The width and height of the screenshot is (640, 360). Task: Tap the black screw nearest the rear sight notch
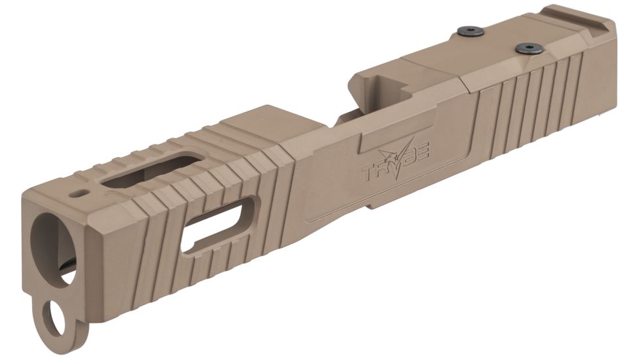[529, 48]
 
